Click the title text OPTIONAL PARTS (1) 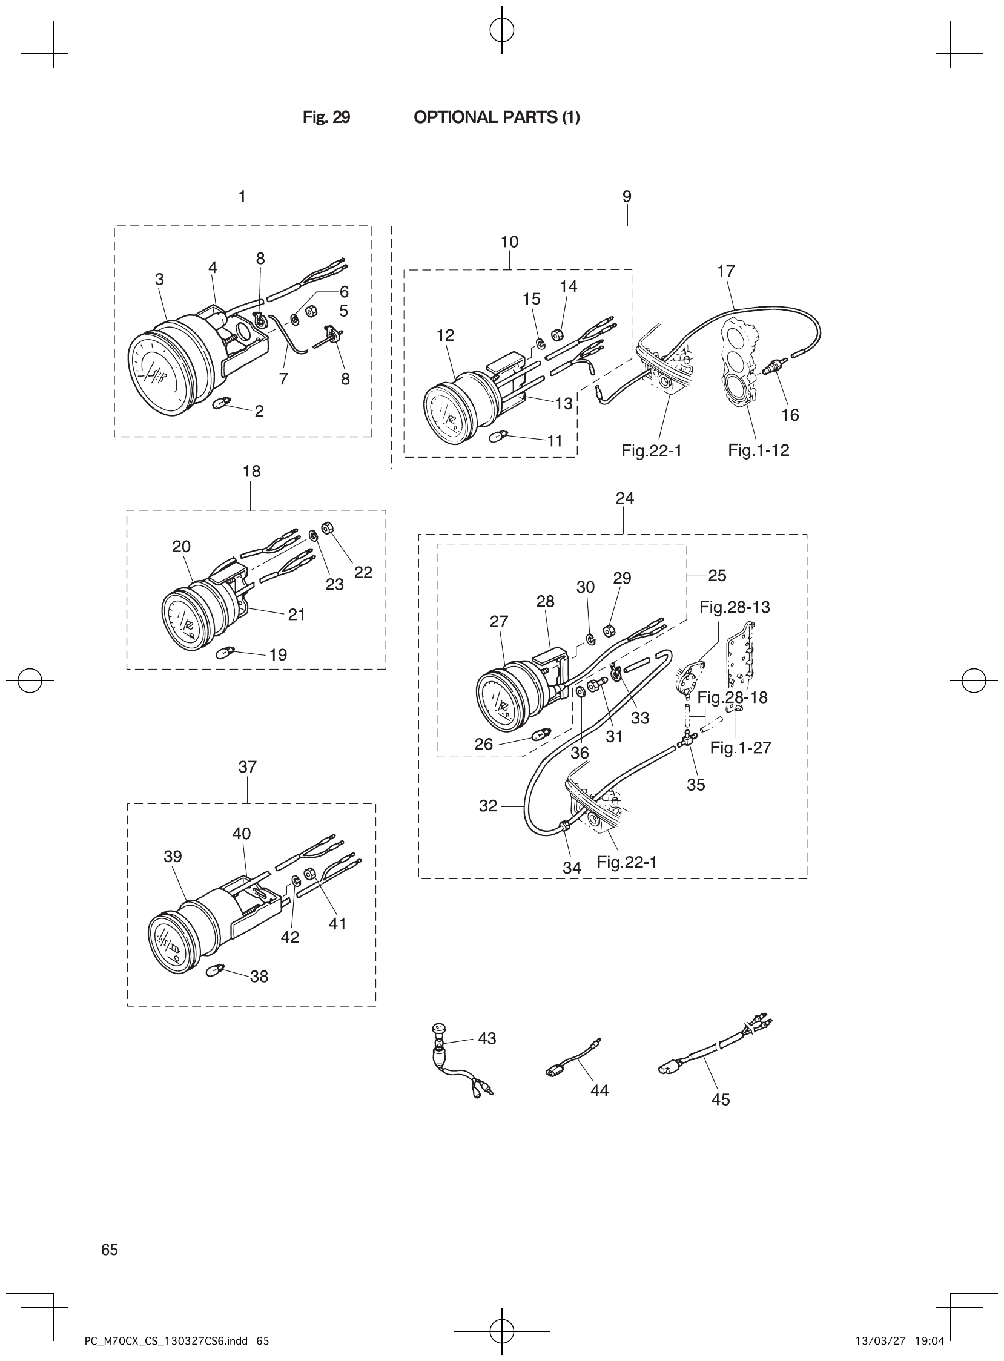(496, 117)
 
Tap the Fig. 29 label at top (326, 117)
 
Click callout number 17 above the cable (725, 271)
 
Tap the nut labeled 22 (325, 527)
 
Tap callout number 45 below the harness (720, 1099)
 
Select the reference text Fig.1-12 (759, 450)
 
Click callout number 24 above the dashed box (624, 498)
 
